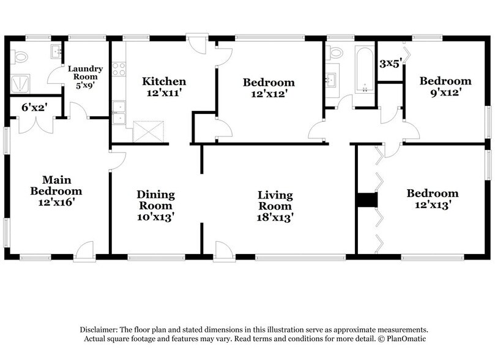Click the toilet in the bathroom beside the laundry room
click(21, 56)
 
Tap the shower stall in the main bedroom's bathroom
click(23, 84)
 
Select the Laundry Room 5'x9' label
click(85, 77)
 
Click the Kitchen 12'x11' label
click(164, 88)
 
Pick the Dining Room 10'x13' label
click(155, 206)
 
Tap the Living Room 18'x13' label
click(275, 206)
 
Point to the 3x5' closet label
click(390, 63)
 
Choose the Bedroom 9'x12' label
click(445, 86)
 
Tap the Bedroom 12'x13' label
click(433, 200)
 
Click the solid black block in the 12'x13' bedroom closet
click(367, 200)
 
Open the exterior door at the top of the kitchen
click(197, 44)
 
